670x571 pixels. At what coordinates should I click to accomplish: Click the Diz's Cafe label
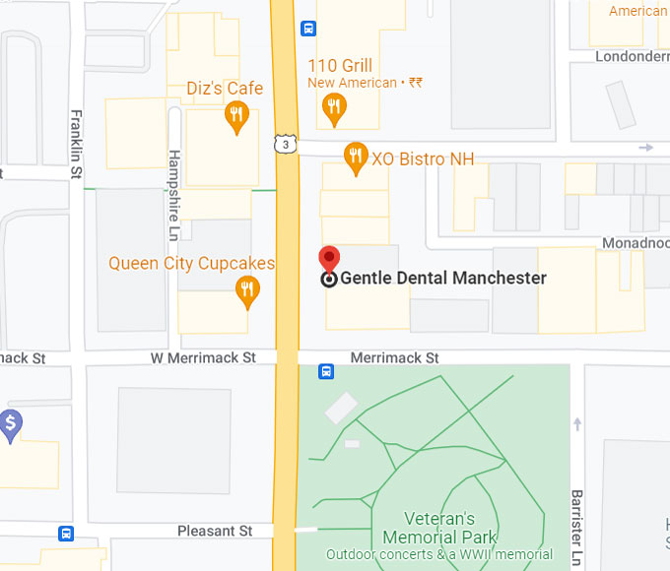pyautogui.click(x=225, y=89)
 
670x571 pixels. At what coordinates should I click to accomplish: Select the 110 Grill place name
pyautogui.click(x=340, y=66)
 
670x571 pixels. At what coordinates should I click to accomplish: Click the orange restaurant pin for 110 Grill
pyautogui.click(x=334, y=108)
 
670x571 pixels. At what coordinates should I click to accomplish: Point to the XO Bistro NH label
pyautogui.click(x=423, y=159)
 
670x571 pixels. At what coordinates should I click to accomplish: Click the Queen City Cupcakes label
pyautogui.click(x=191, y=263)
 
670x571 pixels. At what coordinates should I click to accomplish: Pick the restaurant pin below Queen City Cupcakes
pyautogui.click(x=247, y=290)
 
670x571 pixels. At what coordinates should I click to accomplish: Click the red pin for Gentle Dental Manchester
pyautogui.click(x=330, y=260)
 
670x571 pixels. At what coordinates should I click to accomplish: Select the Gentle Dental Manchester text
pyautogui.click(x=443, y=279)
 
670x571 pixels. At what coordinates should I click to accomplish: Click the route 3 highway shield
pyautogui.click(x=284, y=145)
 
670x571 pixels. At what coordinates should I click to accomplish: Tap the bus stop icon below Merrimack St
pyautogui.click(x=326, y=371)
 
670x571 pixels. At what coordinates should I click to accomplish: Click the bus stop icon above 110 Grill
pyautogui.click(x=308, y=29)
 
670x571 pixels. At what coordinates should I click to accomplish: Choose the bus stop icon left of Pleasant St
pyautogui.click(x=66, y=534)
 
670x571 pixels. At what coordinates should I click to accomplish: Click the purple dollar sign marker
pyautogui.click(x=11, y=425)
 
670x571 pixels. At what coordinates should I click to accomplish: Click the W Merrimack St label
pyautogui.click(x=203, y=358)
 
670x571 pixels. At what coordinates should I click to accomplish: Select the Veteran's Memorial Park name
pyautogui.click(x=439, y=528)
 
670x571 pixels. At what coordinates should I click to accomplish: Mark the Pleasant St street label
pyautogui.click(x=215, y=531)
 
